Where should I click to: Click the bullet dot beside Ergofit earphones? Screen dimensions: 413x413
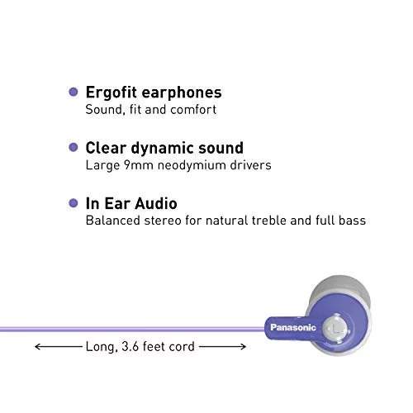point(74,92)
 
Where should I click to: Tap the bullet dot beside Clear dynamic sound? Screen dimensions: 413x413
point(74,147)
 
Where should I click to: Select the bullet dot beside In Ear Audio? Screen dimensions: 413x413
point(74,203)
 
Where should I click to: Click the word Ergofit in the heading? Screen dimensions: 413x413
point(112,93)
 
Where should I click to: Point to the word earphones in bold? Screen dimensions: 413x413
point(182,93)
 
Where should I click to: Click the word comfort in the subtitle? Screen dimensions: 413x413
point(193,110)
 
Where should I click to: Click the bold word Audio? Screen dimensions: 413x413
point(156,203)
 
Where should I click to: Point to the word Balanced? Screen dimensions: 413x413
point(113,221)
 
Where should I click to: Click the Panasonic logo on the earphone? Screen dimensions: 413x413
point(293,327)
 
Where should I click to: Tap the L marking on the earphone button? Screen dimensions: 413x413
point(335,328)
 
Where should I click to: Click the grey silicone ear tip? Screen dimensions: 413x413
point(341,289)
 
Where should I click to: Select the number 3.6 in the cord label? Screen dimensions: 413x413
point(130,346)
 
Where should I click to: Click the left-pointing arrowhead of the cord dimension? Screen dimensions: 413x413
point(38,347)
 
